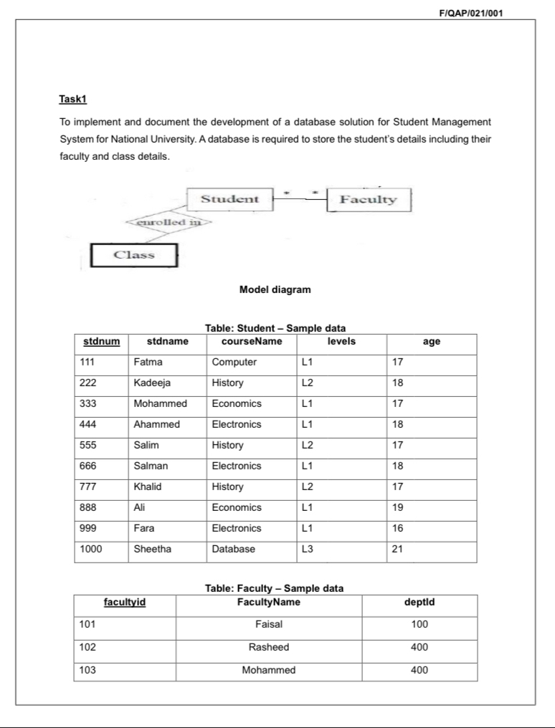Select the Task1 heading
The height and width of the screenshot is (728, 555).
click(x=72, y=98)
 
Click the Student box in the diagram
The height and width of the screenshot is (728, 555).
click(x=229, y=198)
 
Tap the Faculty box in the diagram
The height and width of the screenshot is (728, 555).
click(x=368, y=199)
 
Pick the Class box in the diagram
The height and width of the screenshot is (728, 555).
click(x=134, y=255)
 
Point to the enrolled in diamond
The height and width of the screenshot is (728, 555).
click(x=167, y=222)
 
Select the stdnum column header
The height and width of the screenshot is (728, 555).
click(x=101, y=342)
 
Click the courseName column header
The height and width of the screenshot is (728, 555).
click(x=246, y=342)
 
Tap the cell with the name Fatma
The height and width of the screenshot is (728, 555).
click(x=148, y=362)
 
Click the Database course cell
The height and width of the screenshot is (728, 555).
click(x=232, y=549)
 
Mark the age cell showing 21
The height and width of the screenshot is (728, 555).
click(x=398, y=549)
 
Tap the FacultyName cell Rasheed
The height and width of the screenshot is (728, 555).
click(x=269, y=647)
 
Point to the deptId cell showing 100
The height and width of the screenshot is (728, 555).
click(x=419, y=624)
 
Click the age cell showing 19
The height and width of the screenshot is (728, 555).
click(x=398, y=507)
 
